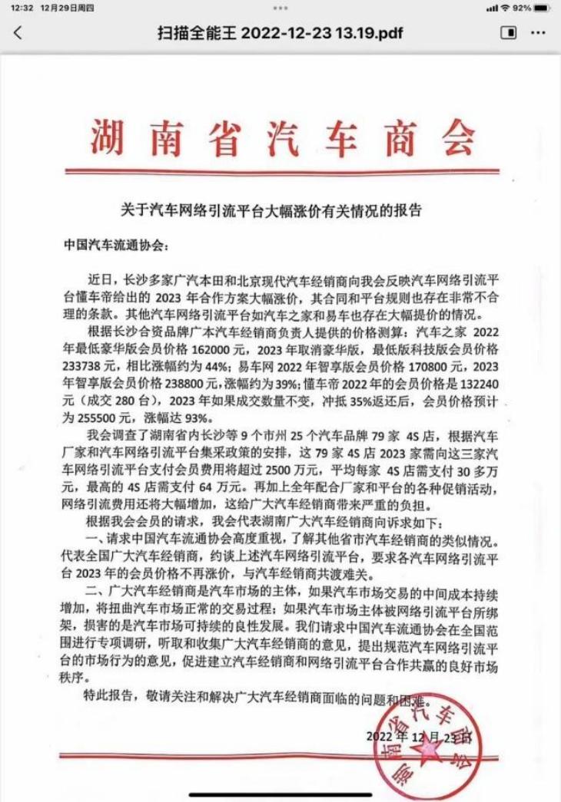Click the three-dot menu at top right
click(x=537, y=33)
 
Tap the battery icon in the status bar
click(x=543, y=8)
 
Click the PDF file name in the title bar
click(x=280, y=34)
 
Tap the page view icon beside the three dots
click(x=508, y=33)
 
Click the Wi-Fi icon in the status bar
click(x=505, y=8)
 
